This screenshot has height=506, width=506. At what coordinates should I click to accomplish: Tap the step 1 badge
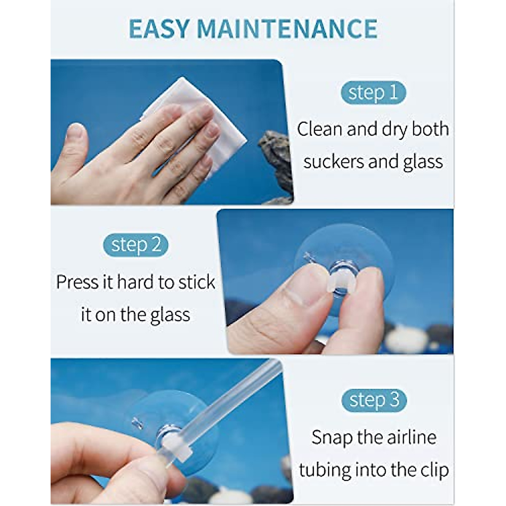pos(373,93)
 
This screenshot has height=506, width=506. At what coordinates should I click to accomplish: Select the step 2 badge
pos(136,245)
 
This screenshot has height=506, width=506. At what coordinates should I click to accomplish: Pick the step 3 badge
pos(374,400)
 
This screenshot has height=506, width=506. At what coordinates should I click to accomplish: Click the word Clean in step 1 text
pos(320,129)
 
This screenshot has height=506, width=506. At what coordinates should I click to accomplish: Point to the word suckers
pos(333,161)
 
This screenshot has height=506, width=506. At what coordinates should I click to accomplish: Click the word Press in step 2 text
pos(78,282)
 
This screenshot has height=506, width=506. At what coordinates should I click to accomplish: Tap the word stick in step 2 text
pos(196,282)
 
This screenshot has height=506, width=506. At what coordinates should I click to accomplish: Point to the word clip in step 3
pos(434,470)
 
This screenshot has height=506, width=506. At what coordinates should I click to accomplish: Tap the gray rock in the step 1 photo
pos(276,160)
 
